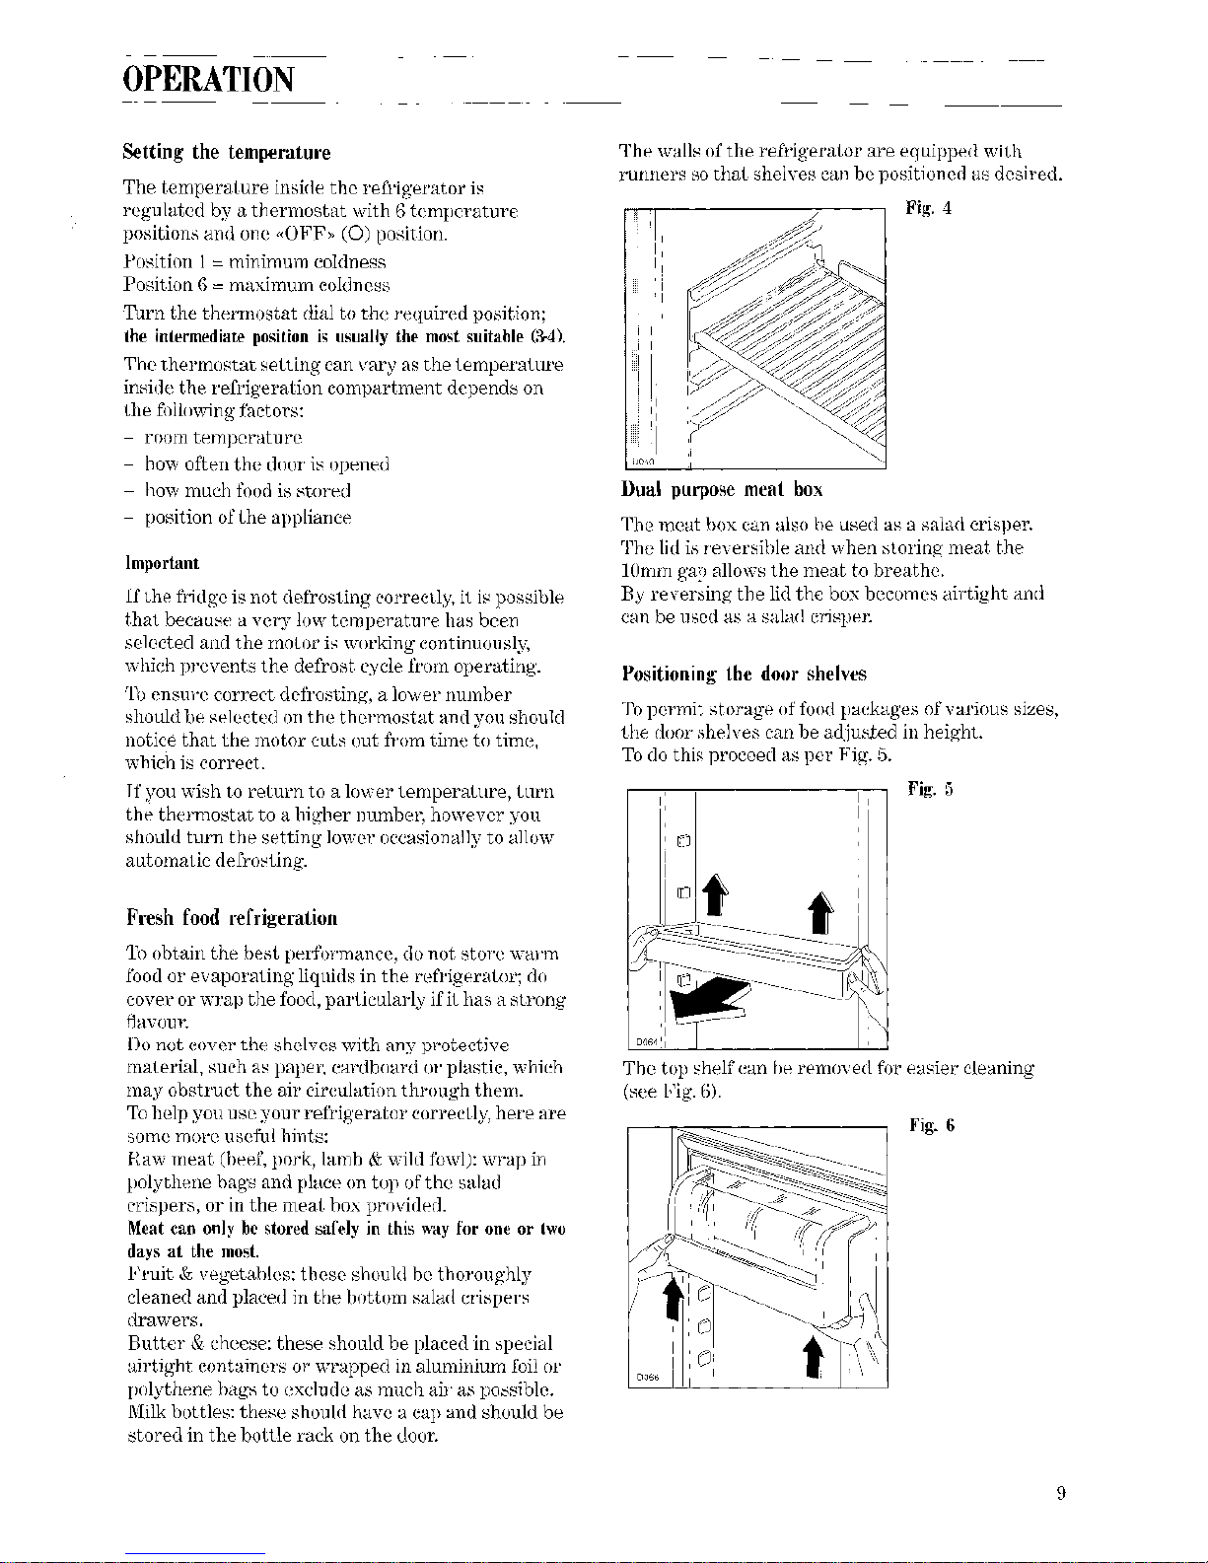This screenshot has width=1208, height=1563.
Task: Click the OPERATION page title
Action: [x=208, y=79]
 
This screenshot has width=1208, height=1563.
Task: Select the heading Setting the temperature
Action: [x=227, y=153]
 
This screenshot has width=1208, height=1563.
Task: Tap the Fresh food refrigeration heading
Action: [x=232, y=918]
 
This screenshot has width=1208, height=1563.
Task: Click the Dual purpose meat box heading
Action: [x=722, y=490]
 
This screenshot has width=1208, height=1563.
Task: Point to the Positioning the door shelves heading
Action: [x=745, y=674]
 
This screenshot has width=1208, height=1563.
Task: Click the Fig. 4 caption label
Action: [x=929, y=208]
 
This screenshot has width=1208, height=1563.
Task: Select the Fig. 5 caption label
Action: [x=930, y=789]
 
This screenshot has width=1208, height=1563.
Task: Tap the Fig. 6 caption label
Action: [x=932, y=1126]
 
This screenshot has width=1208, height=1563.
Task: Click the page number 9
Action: [x=1061, y=1494]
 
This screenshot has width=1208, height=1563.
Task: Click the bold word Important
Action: [x=163, y=562]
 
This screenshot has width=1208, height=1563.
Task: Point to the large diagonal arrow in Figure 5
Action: [x=710, y=998]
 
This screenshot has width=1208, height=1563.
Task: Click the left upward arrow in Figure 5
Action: [x=715, y=894]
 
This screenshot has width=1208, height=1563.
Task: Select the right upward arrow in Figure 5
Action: [x=821, y=912]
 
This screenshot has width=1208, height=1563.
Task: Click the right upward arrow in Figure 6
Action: [x=814, y=1357]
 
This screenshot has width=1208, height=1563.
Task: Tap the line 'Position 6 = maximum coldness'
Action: [x=256, y=285]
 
